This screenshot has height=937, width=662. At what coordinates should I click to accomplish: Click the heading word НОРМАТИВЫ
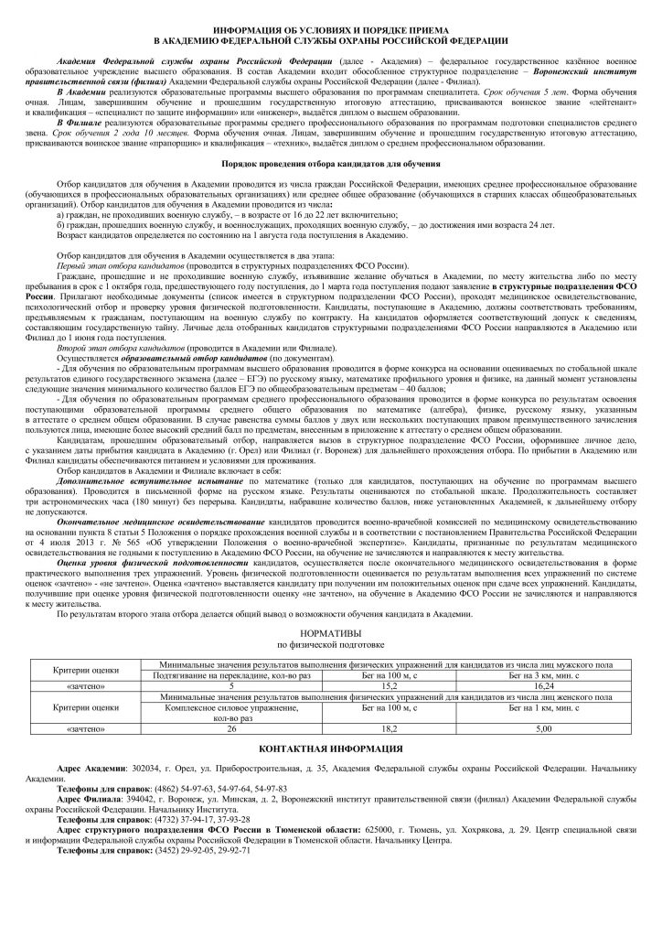tap(331, 633)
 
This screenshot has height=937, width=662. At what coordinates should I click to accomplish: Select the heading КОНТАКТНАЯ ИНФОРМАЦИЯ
tap(331, 749)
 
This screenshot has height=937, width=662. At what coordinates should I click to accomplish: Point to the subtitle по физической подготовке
tap(331, 644)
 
